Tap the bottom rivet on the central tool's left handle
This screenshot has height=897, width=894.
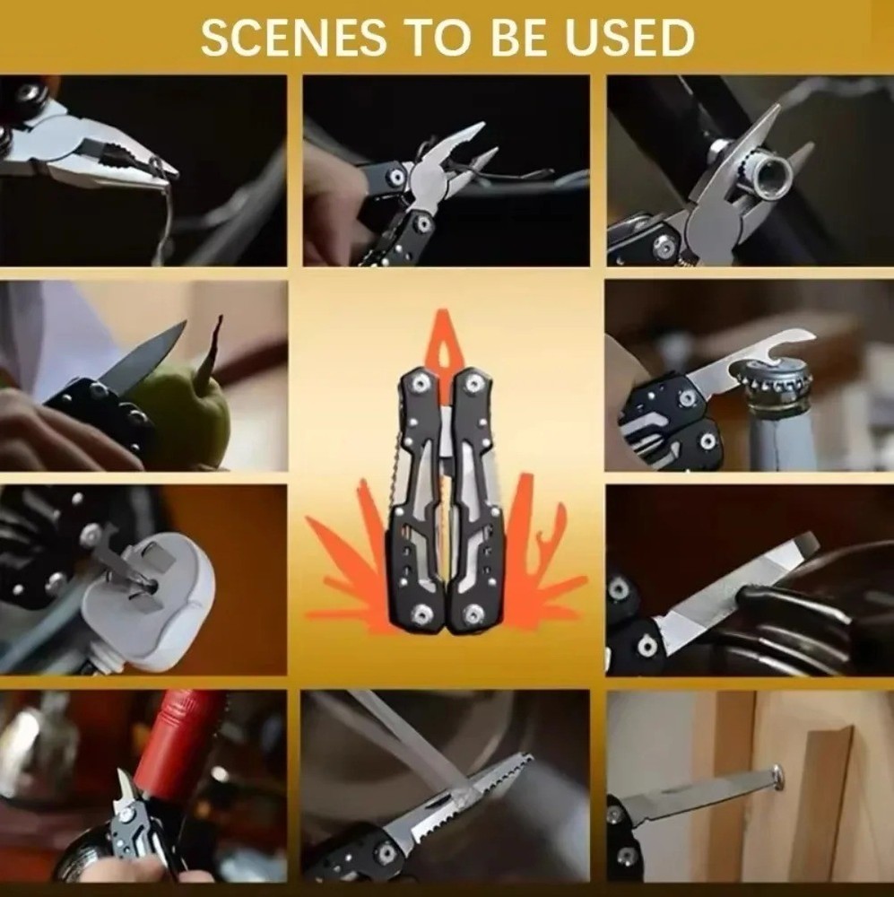tap(419, 614)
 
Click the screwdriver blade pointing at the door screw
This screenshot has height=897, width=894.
tap(690, 798)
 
